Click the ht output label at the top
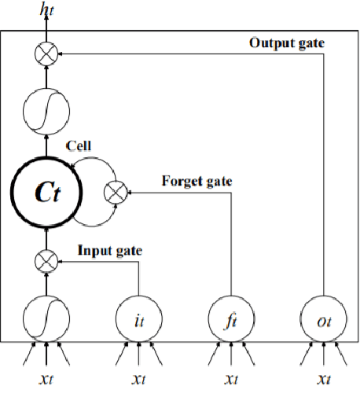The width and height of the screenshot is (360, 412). tap(46, 9)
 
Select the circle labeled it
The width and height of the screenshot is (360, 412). tap(139, 319)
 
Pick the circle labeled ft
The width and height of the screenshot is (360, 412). tap(231, 319)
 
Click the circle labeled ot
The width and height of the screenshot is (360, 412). tap(323, 319)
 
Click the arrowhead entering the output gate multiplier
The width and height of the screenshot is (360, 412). tap(60, 53)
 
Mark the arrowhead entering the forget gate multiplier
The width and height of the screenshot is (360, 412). tap(129, 191)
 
